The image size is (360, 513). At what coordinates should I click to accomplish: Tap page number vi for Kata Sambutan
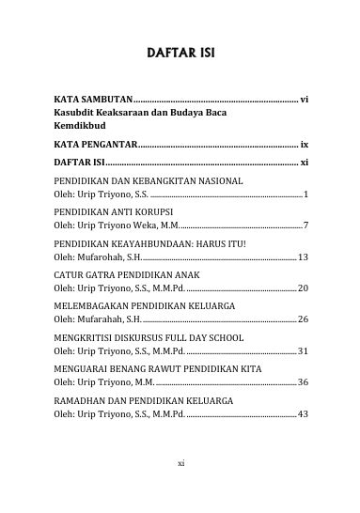303,98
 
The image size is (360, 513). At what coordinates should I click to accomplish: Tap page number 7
305,225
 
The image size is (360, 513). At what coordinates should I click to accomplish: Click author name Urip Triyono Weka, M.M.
110,225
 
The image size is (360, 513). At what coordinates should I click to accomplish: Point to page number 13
303,256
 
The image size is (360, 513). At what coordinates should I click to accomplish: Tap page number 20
303,288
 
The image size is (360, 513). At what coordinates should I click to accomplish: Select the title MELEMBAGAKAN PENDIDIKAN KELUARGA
143,307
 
